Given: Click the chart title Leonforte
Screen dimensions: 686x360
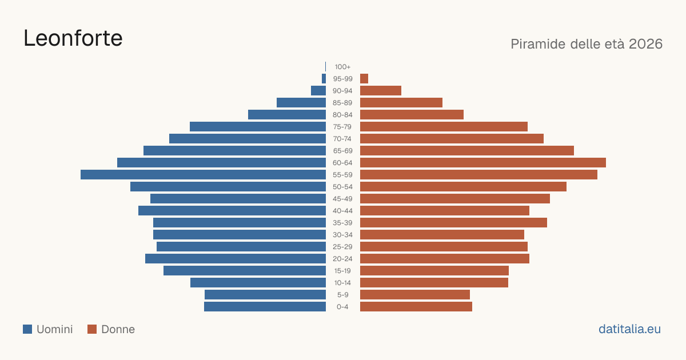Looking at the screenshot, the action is (x=73, y=38).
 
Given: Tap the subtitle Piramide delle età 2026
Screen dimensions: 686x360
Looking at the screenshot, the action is (x=587, y=44).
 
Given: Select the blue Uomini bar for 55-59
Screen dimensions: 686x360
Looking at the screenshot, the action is (x=203, y=174).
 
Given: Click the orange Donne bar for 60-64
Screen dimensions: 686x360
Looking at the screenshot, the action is (x=483, y=162).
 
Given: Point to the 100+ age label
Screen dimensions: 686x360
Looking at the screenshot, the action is (x=342, y=67).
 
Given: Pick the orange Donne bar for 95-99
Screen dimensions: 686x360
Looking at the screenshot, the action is (x=364, y=79).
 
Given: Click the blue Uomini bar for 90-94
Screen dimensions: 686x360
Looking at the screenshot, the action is (x=318, y=91).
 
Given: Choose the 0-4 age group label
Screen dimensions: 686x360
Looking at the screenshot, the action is (x=342, y=307).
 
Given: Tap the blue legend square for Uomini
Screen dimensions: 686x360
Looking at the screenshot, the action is (x=27, y=329).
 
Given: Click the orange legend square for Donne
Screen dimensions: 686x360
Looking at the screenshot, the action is (x=92, y=329).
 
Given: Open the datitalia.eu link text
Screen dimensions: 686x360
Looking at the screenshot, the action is (x=629, y=329).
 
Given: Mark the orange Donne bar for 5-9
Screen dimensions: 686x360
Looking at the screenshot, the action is (x=415, y=294).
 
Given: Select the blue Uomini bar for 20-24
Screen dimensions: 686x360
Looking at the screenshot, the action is (x=236, y=259).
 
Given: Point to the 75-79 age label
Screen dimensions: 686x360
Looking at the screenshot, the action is (x=342, y=127).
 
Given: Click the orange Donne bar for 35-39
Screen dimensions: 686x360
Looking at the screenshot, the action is (x=453, y=222).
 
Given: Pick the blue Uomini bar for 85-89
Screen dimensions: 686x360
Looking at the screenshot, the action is (x=301, y=102).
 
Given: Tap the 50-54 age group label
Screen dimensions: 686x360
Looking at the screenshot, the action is (x=342, y=187).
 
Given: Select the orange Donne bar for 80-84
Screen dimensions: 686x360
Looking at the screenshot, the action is (x=412, y=114).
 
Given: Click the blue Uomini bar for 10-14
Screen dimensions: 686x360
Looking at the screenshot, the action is (x=258, y=282).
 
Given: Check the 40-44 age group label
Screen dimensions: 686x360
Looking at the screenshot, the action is (x=342, y=211).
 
